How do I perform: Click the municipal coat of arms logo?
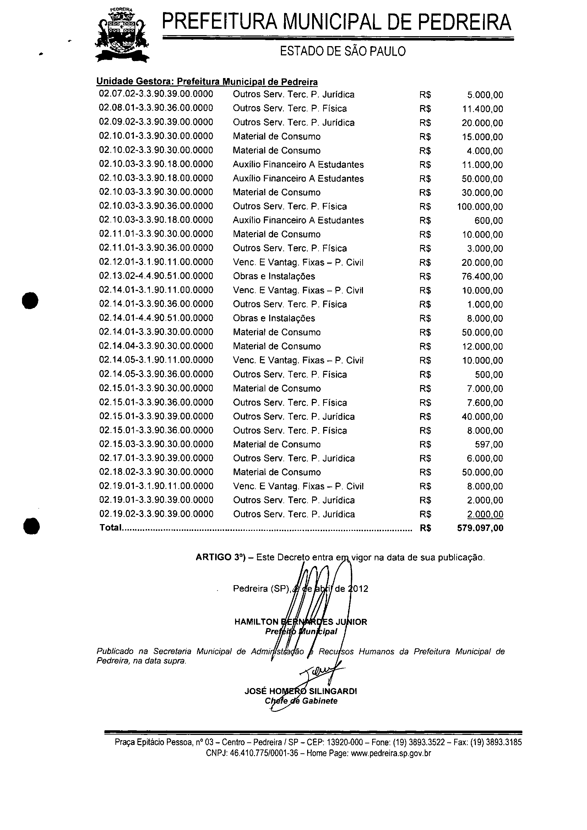click(122, 35)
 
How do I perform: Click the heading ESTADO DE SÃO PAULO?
click(343, 51)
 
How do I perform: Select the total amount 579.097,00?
click(480, 528)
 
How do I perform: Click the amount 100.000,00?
click(480, 207)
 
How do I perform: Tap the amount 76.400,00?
click(482, 276)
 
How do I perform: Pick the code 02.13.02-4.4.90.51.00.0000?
click(156, 276)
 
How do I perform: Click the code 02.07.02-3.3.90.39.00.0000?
click(156, 94)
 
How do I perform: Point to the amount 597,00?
click(489, 444)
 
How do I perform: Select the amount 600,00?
click(489, 220)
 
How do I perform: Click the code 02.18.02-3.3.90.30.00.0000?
click(156, 472)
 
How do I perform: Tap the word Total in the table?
click(110, 528)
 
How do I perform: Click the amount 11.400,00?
click(482, 109)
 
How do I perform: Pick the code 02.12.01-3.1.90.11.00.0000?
click(156, 262)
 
